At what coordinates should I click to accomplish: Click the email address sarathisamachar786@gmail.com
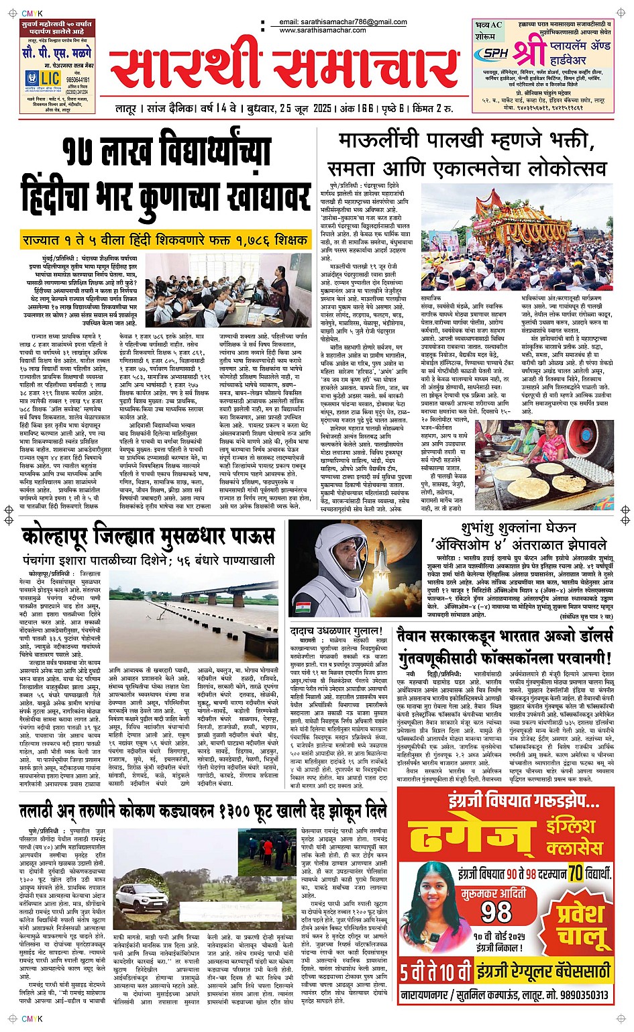tap(343, 22)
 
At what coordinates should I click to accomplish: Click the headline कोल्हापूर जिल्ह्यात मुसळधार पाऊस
tap(148, 537)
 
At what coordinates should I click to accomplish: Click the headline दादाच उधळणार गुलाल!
tap(336, 631)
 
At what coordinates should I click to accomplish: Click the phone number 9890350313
tap(576, 995)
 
